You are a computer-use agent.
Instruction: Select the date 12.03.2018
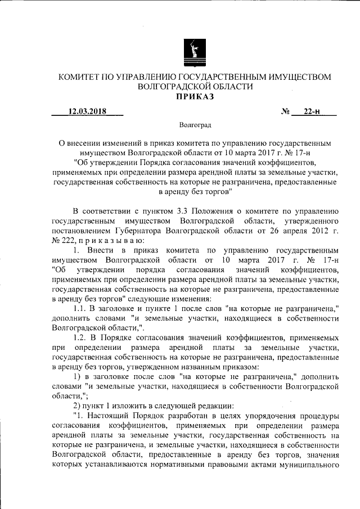coord(87,111)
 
